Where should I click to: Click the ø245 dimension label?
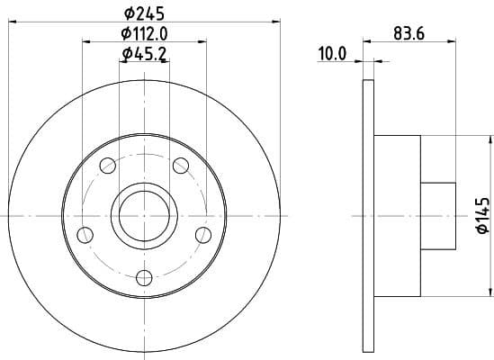click(144, 12)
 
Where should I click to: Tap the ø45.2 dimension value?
click(144, 55)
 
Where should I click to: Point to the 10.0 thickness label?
click(332, 54)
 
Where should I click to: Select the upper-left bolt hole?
click(108, 166)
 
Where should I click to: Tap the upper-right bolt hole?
click(180, 165)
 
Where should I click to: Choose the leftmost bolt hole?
click(85, 235)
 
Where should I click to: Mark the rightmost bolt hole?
click(202, 235)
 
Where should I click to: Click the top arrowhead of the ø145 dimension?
click(490, 139)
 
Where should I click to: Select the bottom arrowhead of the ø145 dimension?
click(490, 290)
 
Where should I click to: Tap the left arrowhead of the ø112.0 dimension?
click(85, 41)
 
